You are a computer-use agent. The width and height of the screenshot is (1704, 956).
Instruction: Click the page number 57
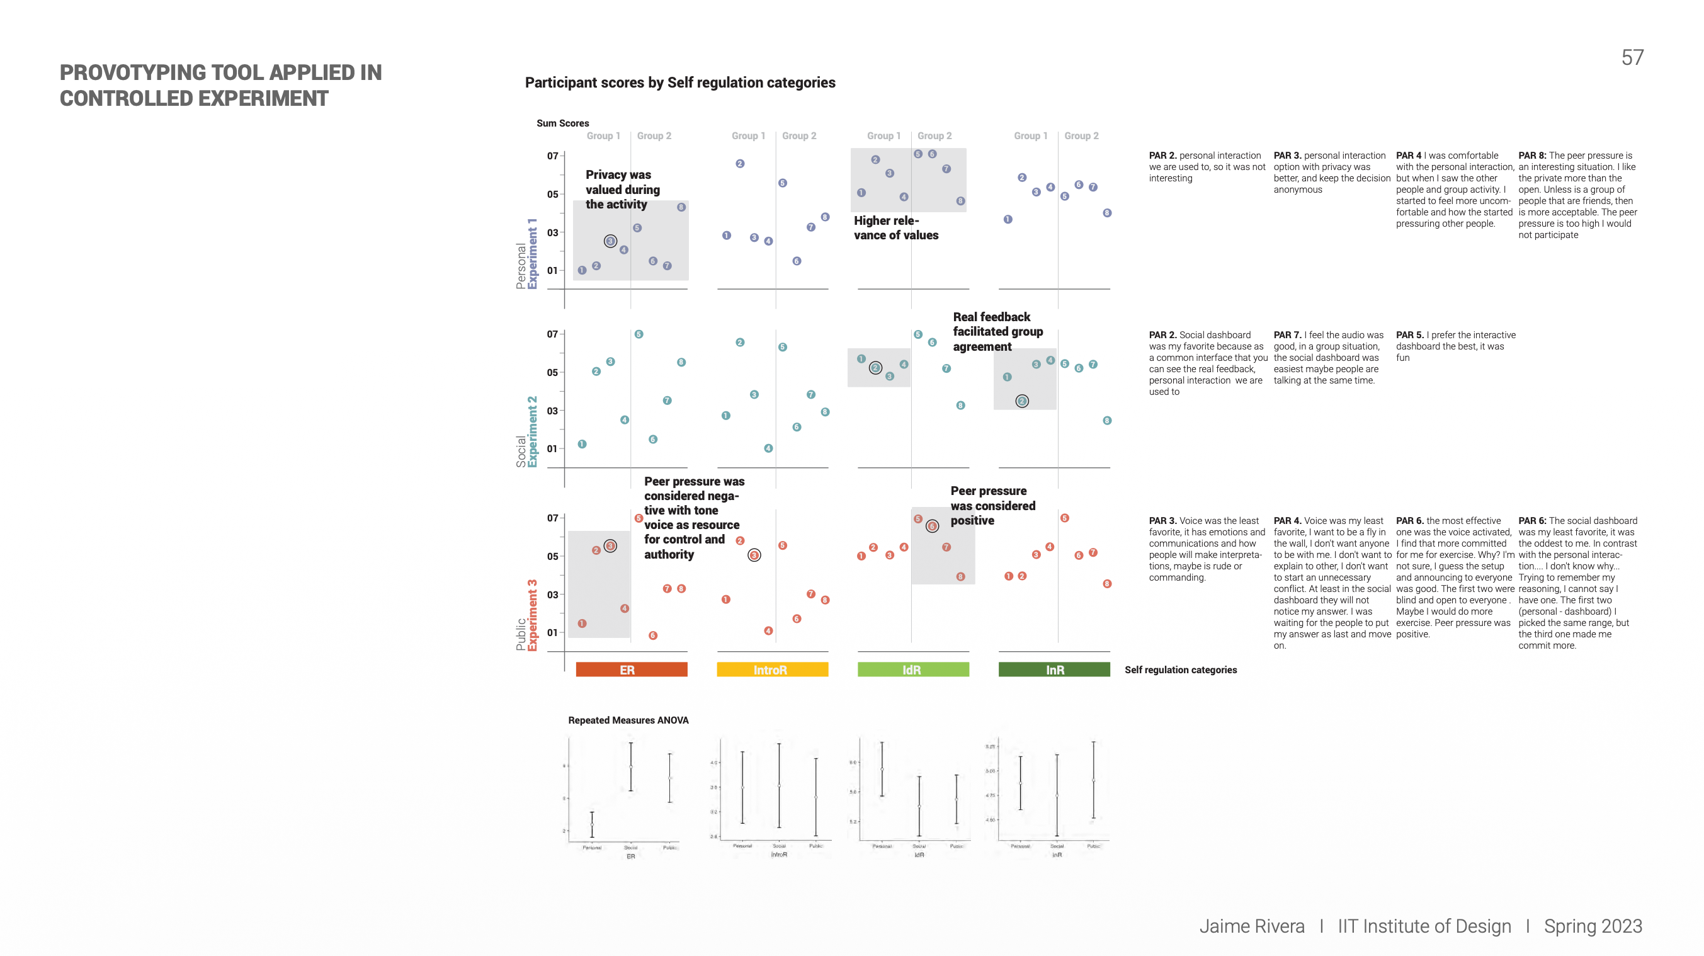tap(1632, 57)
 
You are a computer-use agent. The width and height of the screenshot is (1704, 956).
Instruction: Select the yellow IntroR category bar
tap(772, 669)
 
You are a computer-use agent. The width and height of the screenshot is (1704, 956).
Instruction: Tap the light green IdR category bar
tap(913, 669)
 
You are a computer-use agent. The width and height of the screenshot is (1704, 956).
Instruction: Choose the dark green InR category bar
tap(1054, 669)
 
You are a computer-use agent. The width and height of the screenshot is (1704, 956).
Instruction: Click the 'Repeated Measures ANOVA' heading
tap(628, 720)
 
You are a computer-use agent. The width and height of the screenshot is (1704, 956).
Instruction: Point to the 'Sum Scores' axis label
tap(562, 123)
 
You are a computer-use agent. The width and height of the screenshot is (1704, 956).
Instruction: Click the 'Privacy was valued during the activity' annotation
tap(622, 189)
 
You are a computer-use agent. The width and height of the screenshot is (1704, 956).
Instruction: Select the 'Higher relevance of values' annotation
tap(895, 227)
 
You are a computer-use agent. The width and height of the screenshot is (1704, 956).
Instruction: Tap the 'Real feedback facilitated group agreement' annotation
tap(997, 331)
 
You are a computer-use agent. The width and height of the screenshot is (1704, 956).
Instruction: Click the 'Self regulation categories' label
tap(1180, 669)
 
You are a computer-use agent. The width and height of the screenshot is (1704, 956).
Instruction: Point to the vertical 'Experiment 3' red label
tap(533, 615)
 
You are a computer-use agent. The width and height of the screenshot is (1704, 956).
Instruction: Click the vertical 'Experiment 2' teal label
tap(533, 431)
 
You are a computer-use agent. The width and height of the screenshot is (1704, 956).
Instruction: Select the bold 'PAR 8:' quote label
tap(1532, 156)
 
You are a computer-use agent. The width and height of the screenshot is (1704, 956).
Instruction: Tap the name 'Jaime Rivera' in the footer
tap(1251, 926)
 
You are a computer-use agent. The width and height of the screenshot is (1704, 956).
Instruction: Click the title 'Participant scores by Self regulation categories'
tap(680, 83)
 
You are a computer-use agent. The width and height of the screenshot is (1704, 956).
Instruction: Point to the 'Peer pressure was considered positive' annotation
tap(992, 506)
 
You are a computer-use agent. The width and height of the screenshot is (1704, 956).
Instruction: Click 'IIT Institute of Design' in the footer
tap(1424, 926)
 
